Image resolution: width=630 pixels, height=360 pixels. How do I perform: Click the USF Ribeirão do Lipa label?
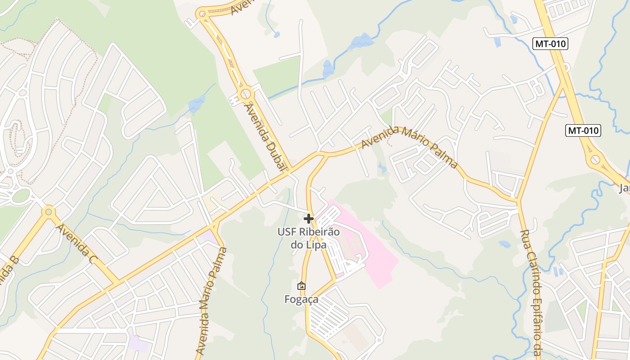[x=308, y=238]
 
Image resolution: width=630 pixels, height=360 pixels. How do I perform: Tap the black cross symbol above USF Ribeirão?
[x=309, y=219]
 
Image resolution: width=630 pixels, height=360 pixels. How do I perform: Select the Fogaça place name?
[x=301, y=299]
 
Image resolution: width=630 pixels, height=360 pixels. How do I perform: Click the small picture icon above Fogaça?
[x=301, y=286]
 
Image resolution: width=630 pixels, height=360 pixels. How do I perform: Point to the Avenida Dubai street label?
[x=265, y=137]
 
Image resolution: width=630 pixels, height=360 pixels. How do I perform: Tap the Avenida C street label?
[x=76, y=244]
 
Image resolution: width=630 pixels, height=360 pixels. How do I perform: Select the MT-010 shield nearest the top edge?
[x=550, y=44]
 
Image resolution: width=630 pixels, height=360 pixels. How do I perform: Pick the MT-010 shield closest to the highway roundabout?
[x=583, y=130]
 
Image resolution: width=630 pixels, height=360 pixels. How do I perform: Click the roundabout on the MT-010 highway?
[x=595, y=159]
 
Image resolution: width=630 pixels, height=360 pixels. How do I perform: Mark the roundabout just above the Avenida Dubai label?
[x=246, y=94]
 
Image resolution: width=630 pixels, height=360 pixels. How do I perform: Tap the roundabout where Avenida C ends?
[x=48, y=211]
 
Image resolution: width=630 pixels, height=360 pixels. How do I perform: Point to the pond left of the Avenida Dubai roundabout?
[x=197, y=104]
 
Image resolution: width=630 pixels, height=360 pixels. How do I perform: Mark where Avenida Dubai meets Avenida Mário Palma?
[x=290, y=171]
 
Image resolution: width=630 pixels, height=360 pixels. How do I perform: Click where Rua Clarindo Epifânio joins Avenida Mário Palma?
[x=518, y=200]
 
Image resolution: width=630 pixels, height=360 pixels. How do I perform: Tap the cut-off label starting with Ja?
[x=624, y=188]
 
